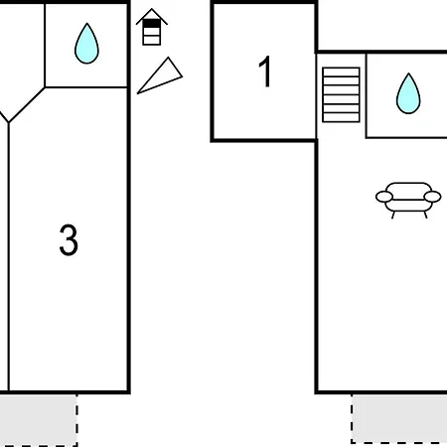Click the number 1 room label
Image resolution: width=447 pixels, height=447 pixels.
tap(265, 72)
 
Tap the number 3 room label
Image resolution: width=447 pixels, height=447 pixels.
tap(69, 240)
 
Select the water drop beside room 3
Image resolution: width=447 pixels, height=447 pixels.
tap(86, 44)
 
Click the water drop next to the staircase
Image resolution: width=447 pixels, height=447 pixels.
tap(408, 93)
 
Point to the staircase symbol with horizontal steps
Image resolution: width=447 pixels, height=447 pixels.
tap(341, 94)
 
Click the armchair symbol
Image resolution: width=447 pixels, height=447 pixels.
tap(408, 200)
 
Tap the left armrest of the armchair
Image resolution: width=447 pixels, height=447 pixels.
tap(384, 197)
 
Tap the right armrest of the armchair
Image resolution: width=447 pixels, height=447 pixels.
tap(433, 197)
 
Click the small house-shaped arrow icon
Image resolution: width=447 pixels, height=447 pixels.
tap(152, 27)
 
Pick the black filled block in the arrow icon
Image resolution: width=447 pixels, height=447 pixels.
tap(152, 24)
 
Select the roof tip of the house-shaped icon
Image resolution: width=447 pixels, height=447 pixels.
tap(152, 9)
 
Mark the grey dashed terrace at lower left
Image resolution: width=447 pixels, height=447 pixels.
tap(38, 420)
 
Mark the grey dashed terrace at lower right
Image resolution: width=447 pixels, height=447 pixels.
tap(399, 418)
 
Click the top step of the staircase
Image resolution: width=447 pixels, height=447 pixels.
tap(341, 72)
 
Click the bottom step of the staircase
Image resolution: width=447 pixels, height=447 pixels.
tap(341, 117)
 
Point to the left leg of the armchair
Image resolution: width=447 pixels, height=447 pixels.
tap(393, 215)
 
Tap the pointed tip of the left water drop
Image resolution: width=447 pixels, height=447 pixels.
tap(86, 24)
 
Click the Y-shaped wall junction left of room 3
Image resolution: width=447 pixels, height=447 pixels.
tap(8, 122)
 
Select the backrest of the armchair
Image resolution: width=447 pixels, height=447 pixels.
tap(408, 187)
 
